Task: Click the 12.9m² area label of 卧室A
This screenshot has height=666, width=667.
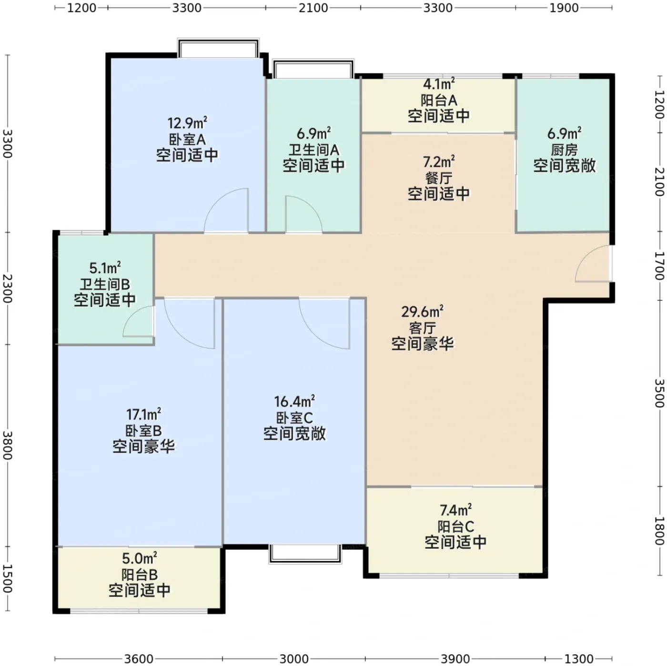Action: click(187, 123)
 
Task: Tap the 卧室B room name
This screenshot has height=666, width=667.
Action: click(143, 431)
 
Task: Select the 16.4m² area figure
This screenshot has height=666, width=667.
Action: click(294, 401)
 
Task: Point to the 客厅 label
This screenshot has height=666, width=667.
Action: click(422, 327)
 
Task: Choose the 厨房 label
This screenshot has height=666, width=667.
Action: click(564, 150)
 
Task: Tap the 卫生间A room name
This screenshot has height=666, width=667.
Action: click(313, 150)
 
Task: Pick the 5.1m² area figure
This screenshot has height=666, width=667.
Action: click(105, 268)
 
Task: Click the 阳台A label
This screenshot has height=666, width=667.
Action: click(438, 101)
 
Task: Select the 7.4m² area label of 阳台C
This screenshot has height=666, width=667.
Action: click(455, 510)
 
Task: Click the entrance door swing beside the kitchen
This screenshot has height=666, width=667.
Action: click(593, 263)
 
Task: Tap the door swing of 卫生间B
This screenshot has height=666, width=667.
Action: click(139, 321)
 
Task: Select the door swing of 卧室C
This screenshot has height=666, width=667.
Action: click(324, 323)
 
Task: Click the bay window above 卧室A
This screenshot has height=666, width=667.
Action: click(218, 48)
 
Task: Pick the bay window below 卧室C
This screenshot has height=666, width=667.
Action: click(305, 554)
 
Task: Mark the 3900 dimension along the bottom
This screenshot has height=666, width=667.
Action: click(455, 659)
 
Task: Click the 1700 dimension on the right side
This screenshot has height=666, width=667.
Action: click(659, 265)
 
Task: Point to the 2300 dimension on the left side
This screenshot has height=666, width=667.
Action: click(8, 288)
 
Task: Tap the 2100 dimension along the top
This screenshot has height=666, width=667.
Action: click(313, 8)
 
